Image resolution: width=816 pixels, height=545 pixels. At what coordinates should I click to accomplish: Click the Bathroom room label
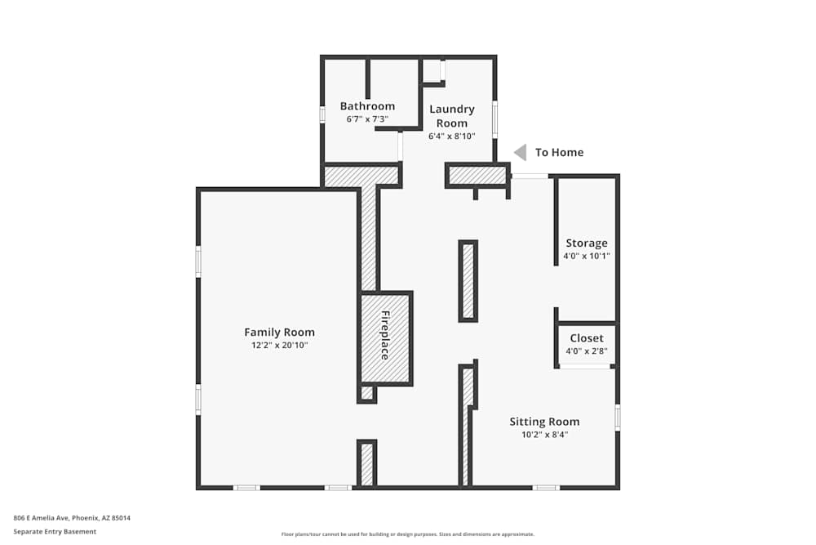367,106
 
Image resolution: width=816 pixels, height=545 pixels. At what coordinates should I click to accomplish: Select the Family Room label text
279,333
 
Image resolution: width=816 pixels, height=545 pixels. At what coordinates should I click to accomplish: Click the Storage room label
587,243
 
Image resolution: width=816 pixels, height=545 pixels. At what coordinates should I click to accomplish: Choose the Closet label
587,338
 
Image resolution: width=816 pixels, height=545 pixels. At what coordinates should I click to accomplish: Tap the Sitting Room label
544,422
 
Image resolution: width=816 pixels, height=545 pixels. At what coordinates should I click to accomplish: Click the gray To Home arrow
520,152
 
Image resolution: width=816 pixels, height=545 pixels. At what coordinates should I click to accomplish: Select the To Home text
559,153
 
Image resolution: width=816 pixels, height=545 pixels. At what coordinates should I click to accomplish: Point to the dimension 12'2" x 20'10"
279,346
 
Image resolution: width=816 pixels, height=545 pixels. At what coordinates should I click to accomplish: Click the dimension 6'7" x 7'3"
367,119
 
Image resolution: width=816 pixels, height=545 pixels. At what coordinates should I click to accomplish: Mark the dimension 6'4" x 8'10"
451,136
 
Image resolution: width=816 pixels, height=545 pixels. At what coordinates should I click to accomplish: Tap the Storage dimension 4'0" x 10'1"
587,256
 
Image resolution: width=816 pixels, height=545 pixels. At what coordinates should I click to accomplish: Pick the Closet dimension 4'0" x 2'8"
587,351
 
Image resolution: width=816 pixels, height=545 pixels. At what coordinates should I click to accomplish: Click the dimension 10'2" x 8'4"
544,435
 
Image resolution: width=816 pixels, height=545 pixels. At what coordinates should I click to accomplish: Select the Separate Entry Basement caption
55,532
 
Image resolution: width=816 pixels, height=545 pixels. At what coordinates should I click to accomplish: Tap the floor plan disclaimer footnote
408,534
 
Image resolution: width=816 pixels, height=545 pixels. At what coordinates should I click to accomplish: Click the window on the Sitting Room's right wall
618,418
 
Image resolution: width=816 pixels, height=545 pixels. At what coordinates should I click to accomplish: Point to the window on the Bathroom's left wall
323,115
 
